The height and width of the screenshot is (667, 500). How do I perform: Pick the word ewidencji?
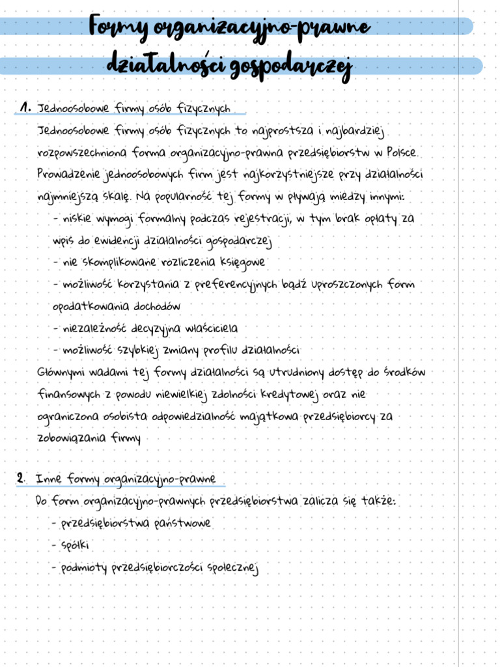coord(115,241)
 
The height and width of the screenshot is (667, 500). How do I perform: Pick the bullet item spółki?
coord(76,545)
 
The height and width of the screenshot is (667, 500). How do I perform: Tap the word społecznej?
coord(232,568)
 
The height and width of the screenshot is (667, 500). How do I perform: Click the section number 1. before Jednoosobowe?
coord(25,107)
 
